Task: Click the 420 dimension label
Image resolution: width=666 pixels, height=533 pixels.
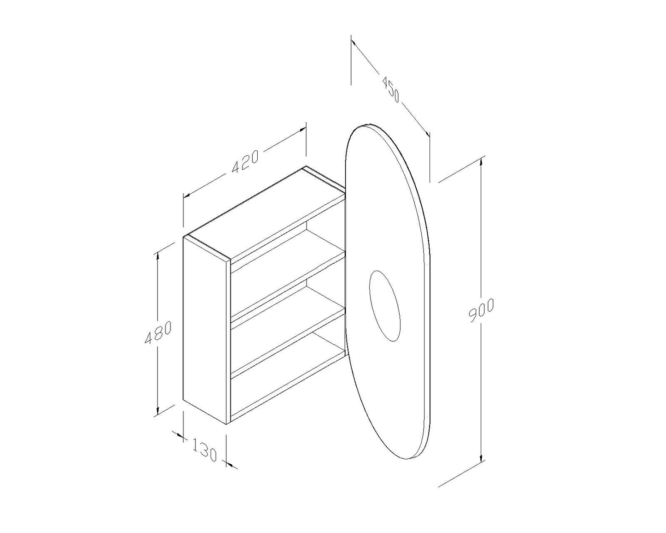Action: click(x=245, y=162)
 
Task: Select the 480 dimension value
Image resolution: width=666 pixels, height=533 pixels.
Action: click(x=158, y=332)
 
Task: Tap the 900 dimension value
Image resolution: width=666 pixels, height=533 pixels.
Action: click(x=481, y=310)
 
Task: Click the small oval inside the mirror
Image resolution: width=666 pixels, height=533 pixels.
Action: click(x=385, y=306)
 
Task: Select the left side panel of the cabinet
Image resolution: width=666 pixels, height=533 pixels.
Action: click(x=205, y=330)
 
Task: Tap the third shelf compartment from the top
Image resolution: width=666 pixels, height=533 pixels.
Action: click(x=286, y=330)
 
